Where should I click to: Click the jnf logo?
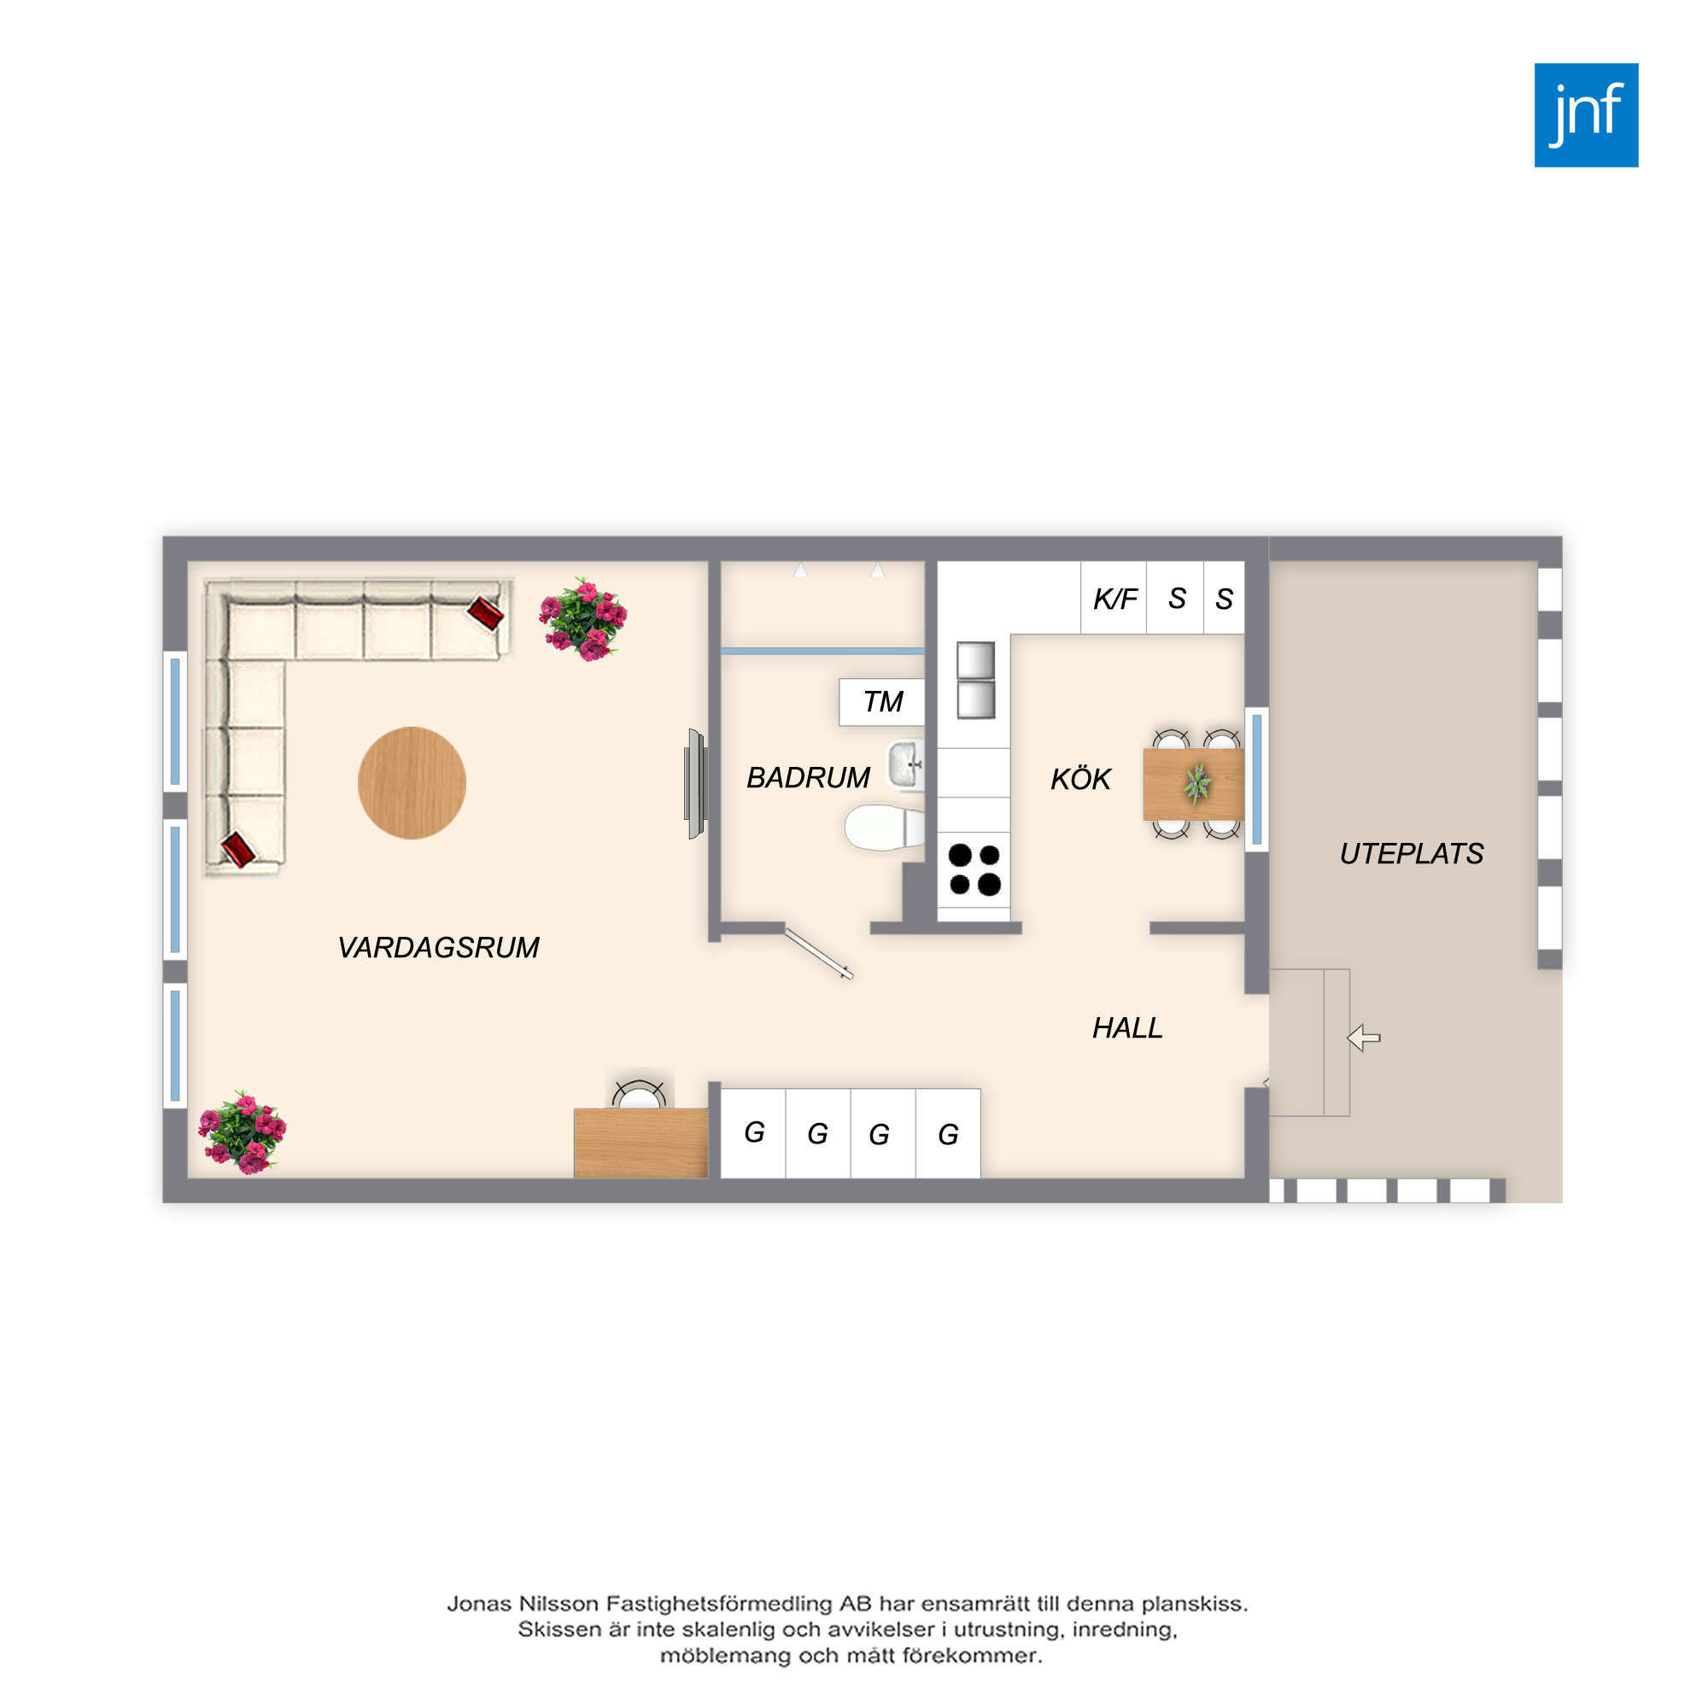[x=1586, y=115]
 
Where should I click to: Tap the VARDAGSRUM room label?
[x=438, y=948]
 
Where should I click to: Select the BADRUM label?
[x=808, y=778]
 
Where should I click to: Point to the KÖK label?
[x=1080, y=779]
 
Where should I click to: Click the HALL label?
[x=1127, y=1027]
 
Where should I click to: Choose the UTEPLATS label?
[x=1411, y=853]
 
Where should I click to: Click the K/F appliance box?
[x=1114, y=598]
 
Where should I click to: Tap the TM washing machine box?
[x=881, y=702]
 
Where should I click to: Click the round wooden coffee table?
[x=412, y=782]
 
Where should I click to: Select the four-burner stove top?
[x=974, y=869]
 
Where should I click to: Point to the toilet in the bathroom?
[x=884, y=828]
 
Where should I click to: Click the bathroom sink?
[x=906, y=763]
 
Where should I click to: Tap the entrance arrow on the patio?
[x=1363, y=1038]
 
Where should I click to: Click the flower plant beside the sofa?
[x=583, y=619]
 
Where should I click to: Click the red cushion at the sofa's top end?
[x=485, y=611]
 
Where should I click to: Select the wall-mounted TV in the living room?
[x=696, y=783]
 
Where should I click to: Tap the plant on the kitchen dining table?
[x=1197, y=784]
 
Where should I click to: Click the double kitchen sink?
[x=976, y=680]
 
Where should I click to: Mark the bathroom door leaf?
[x=820, y=954]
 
